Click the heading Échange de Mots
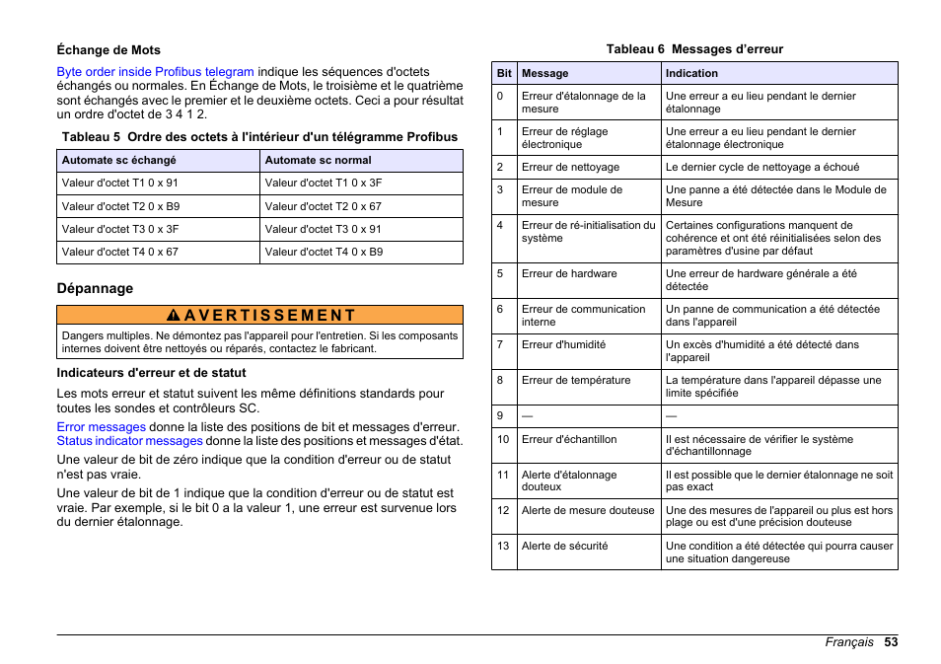point(109,50)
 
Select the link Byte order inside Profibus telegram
point(155,72)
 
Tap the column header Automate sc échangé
point(118,160)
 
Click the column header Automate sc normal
point(318,160)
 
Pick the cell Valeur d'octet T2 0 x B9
point(120,206)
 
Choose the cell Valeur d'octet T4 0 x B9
point(324,252)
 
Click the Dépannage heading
point(95,289)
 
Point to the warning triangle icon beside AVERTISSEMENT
point(173,316)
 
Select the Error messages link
point(101,427)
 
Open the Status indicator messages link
point(129,441)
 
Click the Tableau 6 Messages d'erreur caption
point(694,49)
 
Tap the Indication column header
point(691,73)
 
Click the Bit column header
point(504,73)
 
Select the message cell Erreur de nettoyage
point(570,167)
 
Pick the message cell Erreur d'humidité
point(563,344)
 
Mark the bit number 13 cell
point(503,546)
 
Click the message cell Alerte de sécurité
point(564,546)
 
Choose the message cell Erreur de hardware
point(569,273)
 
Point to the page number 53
point(891,641)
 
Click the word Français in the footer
point(849,641)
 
